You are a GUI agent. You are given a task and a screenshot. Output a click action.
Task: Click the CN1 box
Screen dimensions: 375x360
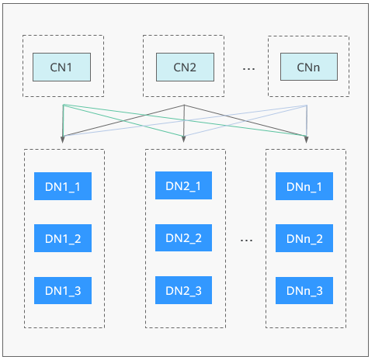[x=61, y=67]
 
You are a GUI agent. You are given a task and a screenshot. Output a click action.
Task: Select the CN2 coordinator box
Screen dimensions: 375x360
[x=185, y=67]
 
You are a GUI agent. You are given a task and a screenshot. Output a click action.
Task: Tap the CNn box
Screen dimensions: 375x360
[x=309, y=67]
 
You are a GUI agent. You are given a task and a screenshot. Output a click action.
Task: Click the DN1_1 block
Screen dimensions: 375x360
[x=63, y=186]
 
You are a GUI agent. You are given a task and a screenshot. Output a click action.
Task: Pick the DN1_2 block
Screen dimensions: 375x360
[x=63, y=238]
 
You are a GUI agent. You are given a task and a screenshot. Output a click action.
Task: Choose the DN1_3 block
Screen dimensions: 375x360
[x=63, y=290]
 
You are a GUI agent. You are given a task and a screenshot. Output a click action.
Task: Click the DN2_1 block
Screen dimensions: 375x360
[x=183, y=185]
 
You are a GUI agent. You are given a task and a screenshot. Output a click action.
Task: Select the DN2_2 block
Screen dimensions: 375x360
[x=183, y=237]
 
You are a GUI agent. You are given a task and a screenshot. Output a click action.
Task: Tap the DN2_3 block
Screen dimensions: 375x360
[x=183, y=290]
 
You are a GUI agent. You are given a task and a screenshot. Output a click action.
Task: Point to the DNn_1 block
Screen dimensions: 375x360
[x=304, y=186]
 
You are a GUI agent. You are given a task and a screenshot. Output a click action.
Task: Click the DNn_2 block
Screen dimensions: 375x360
[x=304, y=238]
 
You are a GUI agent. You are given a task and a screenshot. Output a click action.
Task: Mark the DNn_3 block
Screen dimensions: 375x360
[x=304, y=290]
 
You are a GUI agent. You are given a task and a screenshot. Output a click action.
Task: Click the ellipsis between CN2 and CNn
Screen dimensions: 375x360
[x=248, y=69]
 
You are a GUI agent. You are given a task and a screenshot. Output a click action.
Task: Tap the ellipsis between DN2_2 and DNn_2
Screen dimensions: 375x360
[x=246, y=241]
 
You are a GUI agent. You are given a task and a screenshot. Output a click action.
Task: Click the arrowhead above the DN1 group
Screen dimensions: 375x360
[x=62, y=140]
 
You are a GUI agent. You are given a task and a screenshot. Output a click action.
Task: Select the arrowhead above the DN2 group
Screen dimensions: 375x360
[x=183, y=139]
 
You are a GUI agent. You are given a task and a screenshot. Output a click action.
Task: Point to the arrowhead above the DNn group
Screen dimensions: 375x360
[x=307, y=140]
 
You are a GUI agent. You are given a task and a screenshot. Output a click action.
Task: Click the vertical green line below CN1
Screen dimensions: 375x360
[x=63, y=120]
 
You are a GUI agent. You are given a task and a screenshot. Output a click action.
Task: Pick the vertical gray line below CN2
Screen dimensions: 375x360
[x=184, y=120]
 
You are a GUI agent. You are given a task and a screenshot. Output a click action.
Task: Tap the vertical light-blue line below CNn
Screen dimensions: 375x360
[x=307, y=121]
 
